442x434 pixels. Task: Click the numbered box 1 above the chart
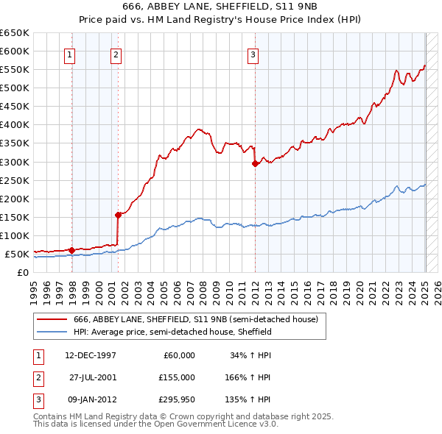(x=69, y=54)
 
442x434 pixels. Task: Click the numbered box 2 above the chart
(x=116, y=54)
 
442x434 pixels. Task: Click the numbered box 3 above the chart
(x=253, y=54)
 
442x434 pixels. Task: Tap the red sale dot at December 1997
(x=71, y=250)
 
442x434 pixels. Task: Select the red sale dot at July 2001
(x=118, y=215)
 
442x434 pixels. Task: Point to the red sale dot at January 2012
(x=255, y=163)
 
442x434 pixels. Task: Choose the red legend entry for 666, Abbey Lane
(x=195, y=319)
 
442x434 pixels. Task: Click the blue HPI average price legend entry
(x=172, y=332)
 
